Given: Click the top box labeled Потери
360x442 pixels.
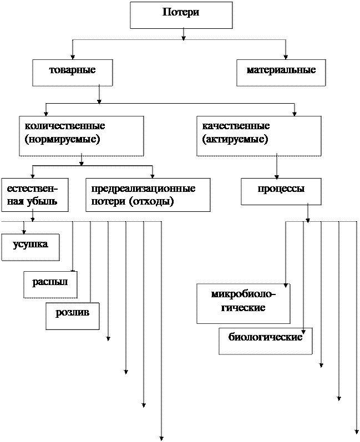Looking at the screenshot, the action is click(x=181, y=14).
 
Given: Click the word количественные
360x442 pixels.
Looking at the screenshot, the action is click(x=65, y=126).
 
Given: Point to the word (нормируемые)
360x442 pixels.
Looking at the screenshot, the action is click(x=62, y=140).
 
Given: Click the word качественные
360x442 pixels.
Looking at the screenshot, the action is click(x=236, y=126).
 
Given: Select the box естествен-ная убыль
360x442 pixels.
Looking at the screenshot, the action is click(x=34, y=194).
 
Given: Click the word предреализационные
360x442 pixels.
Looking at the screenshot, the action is click(x=143, y=189).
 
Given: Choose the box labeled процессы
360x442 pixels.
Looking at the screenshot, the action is click(x=281, y=190).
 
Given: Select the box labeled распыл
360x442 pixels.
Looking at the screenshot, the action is click(x=50, y=283).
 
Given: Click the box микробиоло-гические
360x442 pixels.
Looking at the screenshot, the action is click(x=243, y=302).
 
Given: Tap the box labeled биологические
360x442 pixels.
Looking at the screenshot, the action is click(x=265, y=339).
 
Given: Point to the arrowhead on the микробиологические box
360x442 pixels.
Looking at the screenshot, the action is click(x=286, y=286).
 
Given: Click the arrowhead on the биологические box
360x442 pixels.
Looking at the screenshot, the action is click(x=303, y=332).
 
